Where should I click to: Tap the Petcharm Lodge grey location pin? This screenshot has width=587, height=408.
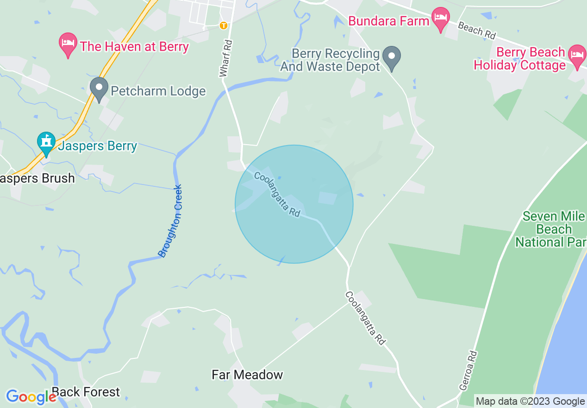coord(99,89)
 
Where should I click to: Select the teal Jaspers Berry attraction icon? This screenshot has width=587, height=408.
coord(46,144)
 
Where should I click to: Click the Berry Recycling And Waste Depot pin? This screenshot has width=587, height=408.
coord(392,58)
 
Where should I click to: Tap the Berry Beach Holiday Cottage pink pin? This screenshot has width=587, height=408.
coord(576,55)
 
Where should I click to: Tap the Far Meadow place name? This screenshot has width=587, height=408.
coord(247,375)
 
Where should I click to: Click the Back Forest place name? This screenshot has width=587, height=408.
coord(86,392)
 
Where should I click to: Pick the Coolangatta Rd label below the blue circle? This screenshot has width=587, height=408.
coord(365,318)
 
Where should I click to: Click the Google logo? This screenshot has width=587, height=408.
coord(31,397)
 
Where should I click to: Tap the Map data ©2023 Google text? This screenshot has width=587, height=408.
coord(530,402)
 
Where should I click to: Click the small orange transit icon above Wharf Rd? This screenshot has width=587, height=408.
coord(224,25)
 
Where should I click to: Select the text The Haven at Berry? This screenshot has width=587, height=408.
coord(134,46)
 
